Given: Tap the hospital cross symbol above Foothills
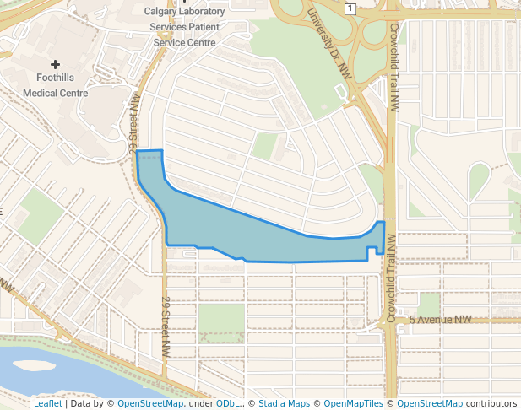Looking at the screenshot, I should [x=56, y=64].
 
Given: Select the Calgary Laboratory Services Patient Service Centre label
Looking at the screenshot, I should [x=184, y=27].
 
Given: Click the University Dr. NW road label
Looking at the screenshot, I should [x=328, y=45].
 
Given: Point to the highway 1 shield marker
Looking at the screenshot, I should [x=350, y=8].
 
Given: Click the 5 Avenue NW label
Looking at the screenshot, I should [x=440, y=320].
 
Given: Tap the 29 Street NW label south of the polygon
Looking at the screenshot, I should [x=166, y=325].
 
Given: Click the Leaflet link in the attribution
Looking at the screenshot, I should [x=47, y=403].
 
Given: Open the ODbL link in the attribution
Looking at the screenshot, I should [x=228, y=403].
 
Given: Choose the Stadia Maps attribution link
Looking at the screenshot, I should [x=284, y=403].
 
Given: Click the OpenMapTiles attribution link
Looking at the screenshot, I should [x=354, y=403].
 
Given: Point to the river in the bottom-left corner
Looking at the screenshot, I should [x=51, y=371].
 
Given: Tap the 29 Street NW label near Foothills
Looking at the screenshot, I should [x=133, y=123].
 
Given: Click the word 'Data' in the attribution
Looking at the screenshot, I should [x=81, y=403].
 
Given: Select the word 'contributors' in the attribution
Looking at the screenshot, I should [x=491, y=403].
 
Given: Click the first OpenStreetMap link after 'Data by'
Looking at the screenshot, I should [x=150, y=403].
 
